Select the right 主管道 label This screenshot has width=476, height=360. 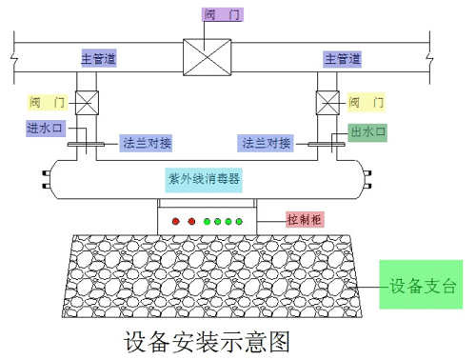(344, 59)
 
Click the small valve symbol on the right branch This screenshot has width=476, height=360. (327, 102)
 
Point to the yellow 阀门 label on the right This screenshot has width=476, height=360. (367, 102)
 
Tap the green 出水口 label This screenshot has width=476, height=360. (367, 131)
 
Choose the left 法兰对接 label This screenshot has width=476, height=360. (147, 144)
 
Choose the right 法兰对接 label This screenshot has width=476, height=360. (266, 144)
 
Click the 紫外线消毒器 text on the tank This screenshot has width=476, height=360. (206, 177)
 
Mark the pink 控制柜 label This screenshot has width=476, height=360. (305, 219)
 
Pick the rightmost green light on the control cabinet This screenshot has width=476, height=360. (239, 222)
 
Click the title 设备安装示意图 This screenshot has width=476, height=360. (207, 341)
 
